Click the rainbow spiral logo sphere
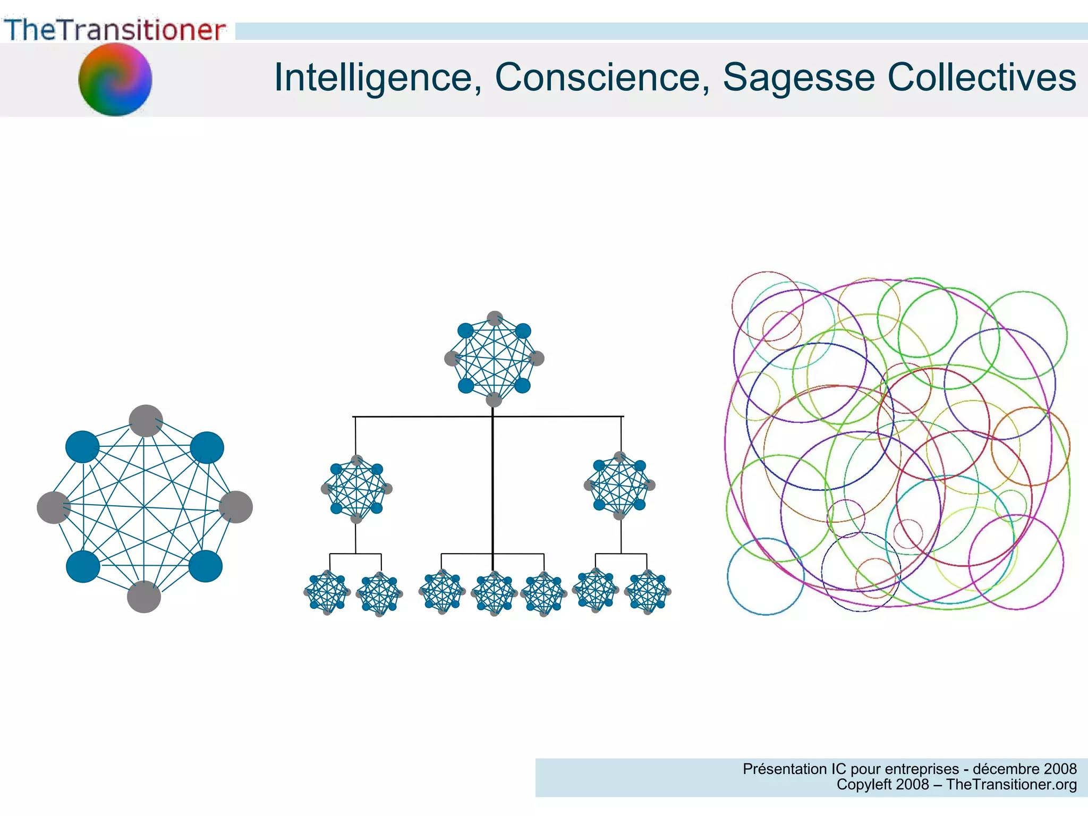(115, 79)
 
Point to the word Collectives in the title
(982, 78)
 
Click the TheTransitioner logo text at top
(115, 30)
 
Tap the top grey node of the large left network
(146, 421)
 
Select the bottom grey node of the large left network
(143, 597)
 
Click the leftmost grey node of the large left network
(53, 507)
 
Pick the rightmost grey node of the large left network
(236, 507)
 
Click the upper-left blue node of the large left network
(82, 447)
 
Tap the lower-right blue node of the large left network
(206, 566)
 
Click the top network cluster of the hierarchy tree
(494, 359)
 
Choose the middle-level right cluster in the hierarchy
(619, 485)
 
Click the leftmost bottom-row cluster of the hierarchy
(327, 592)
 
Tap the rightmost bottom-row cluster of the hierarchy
(648, 592)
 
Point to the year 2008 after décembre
(1059, 769)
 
